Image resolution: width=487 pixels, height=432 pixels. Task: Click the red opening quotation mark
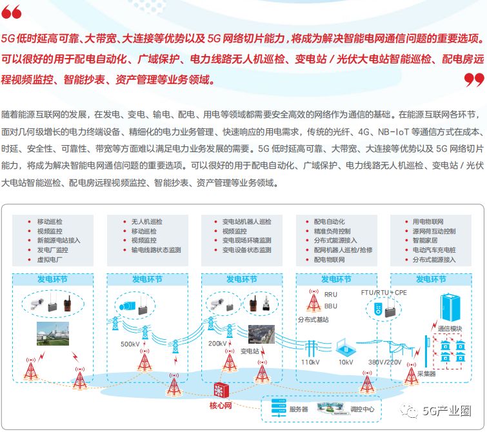click(11, 13)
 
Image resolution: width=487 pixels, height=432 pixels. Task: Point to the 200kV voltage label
click(218, 344)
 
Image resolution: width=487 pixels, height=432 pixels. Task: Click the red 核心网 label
click(220, 406)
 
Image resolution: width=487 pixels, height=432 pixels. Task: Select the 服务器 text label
click(299, 409)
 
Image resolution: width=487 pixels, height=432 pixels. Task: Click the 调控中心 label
click(362, 409)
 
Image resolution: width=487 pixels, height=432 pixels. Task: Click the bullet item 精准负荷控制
click(332, 231)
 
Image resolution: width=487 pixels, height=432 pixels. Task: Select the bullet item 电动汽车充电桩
click(433, 250)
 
